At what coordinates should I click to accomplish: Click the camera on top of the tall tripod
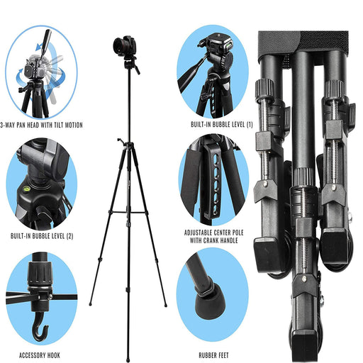[124, 45]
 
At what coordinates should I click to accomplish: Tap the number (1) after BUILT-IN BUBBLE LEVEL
[250, 124]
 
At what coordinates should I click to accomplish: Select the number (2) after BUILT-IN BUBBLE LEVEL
[70, 236]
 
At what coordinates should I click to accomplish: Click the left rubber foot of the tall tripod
[90, 304]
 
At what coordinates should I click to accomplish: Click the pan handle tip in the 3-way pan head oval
[48, 33]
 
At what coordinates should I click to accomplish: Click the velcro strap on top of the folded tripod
[303, 44]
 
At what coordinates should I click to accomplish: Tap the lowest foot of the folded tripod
[304, 347]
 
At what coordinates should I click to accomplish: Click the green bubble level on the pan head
[228, 45]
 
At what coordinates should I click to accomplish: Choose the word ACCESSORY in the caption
[30, 355]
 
